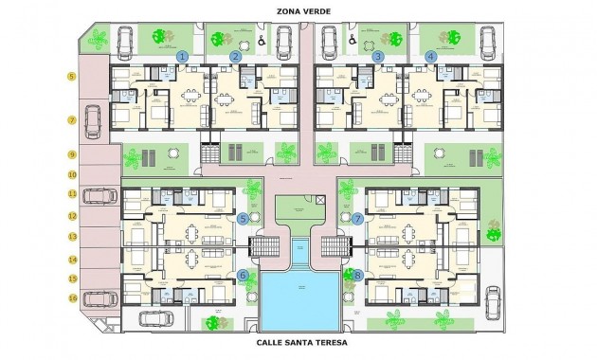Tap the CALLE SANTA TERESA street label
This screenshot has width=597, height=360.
pyautogui.click(x=301, y=343)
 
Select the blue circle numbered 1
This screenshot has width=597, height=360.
pyautogui.click(x=182, y=57)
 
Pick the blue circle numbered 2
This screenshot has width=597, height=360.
pyautogui.click(x=236, y=57)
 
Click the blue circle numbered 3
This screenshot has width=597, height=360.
pyautogui.click(x=378, y=57)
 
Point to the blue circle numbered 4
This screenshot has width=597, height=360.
pyautogui.click(x=431, y=57)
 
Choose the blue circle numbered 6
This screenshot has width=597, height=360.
pyautogui.click(x=244, y=276)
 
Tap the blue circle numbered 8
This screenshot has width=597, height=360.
pyautogui.click(x=358, y=276)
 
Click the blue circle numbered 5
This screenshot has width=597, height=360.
pyautogui.click(x=244, y=218)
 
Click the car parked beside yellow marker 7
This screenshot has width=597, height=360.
pyautogui.click(x=94, y=120)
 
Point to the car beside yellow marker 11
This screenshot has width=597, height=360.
pyautogui.click(x=99, y=195)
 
